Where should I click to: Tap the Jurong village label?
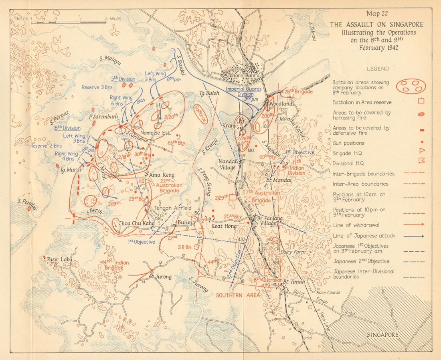click(x=162, y=277)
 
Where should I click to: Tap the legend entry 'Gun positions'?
click(x=348, y=143)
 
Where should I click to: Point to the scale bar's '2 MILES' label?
click(x=113, y=19)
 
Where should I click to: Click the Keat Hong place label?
click(x=219, y=226)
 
